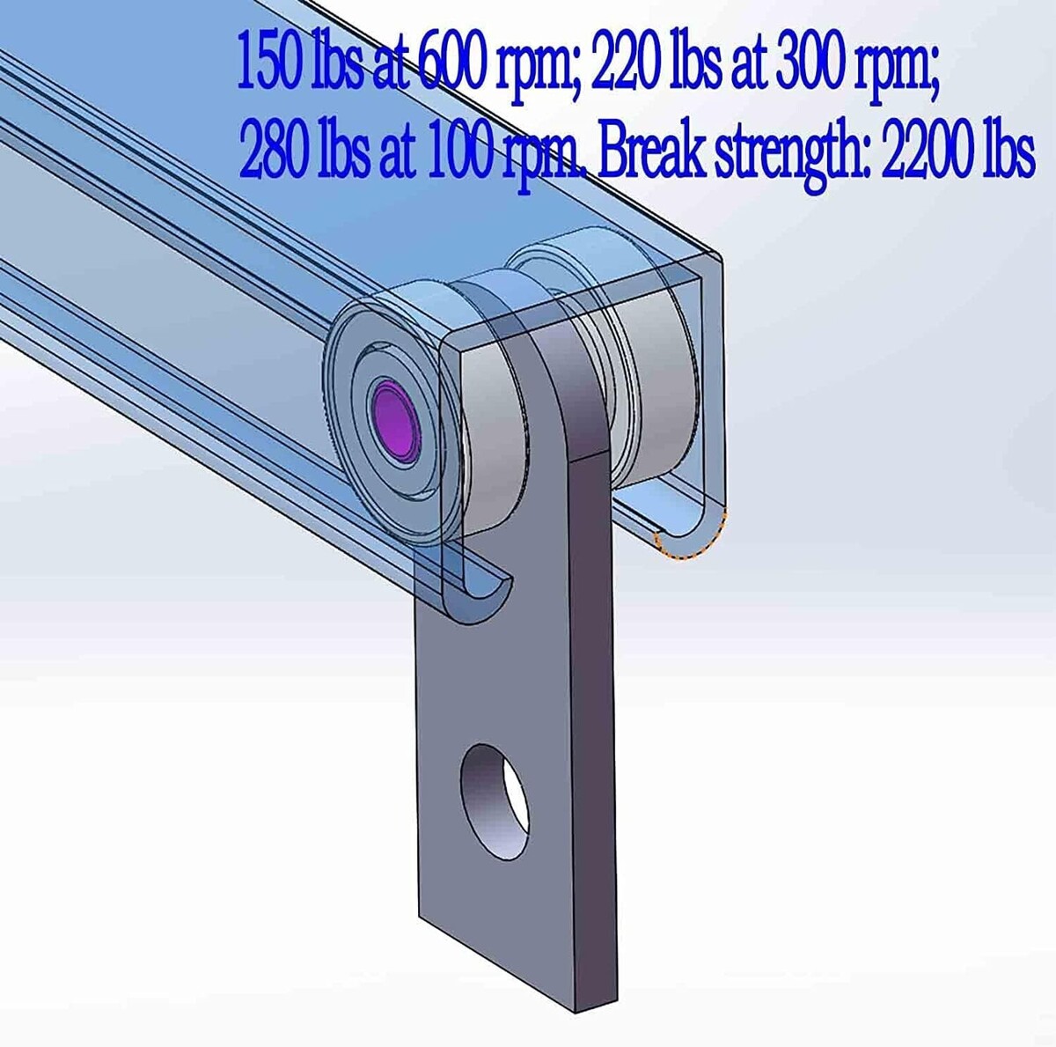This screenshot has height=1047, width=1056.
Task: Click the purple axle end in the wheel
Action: coord(396,420)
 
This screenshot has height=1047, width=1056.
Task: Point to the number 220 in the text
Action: coord(624,65)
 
